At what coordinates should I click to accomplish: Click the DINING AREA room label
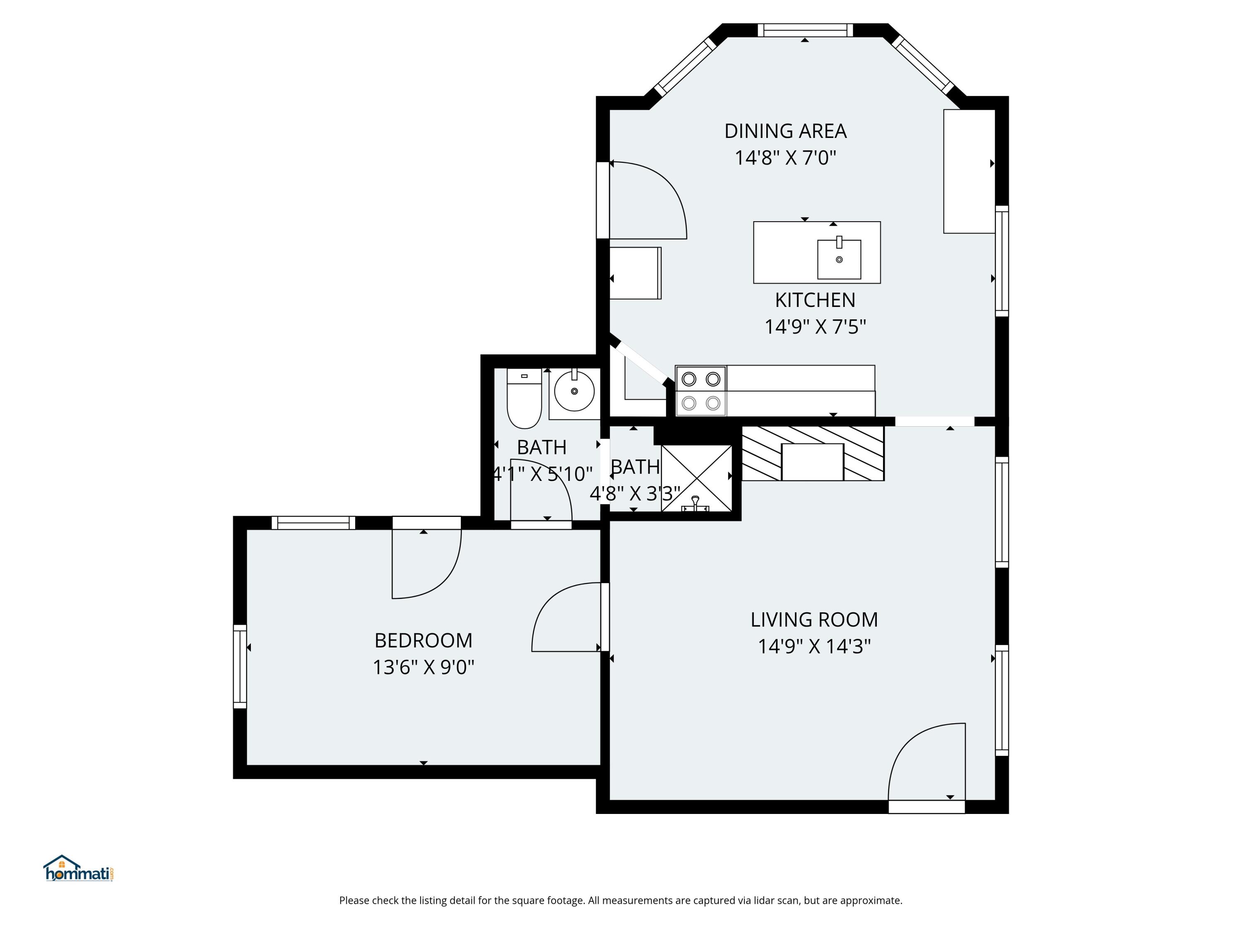click(x=785, y=131)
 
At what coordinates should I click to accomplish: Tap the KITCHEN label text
click(x=815, y=300)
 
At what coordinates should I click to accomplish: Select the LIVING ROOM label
click(x=814, y=620)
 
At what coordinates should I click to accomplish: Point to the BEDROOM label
click(x=424, y=640)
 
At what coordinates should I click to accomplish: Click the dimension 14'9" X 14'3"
click(x=814, y=647)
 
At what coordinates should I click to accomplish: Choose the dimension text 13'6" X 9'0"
click(x=424, y=667)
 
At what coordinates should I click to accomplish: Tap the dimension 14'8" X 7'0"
click(x=785, y=158)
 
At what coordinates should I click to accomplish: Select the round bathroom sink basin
click(x=574, y=391)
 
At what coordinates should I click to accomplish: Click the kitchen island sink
click(x=839, y=258)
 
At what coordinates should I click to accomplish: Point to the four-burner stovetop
click(x=701, y=391)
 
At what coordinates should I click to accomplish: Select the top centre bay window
click(x=805, y=30)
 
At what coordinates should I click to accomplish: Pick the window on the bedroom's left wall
click(x=240, y=666)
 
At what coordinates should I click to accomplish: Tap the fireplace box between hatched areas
click(x=812, y=462)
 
